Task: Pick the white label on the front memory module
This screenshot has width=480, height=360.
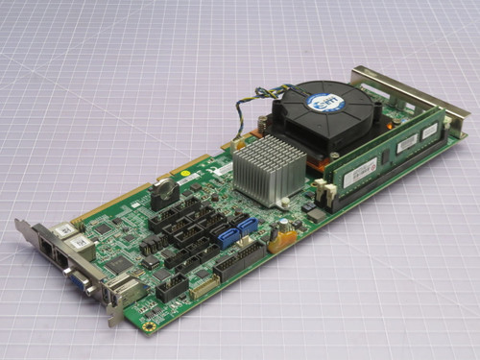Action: (x=361, y=169)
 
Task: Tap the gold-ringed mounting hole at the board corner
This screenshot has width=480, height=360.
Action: (x=148, y=326)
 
